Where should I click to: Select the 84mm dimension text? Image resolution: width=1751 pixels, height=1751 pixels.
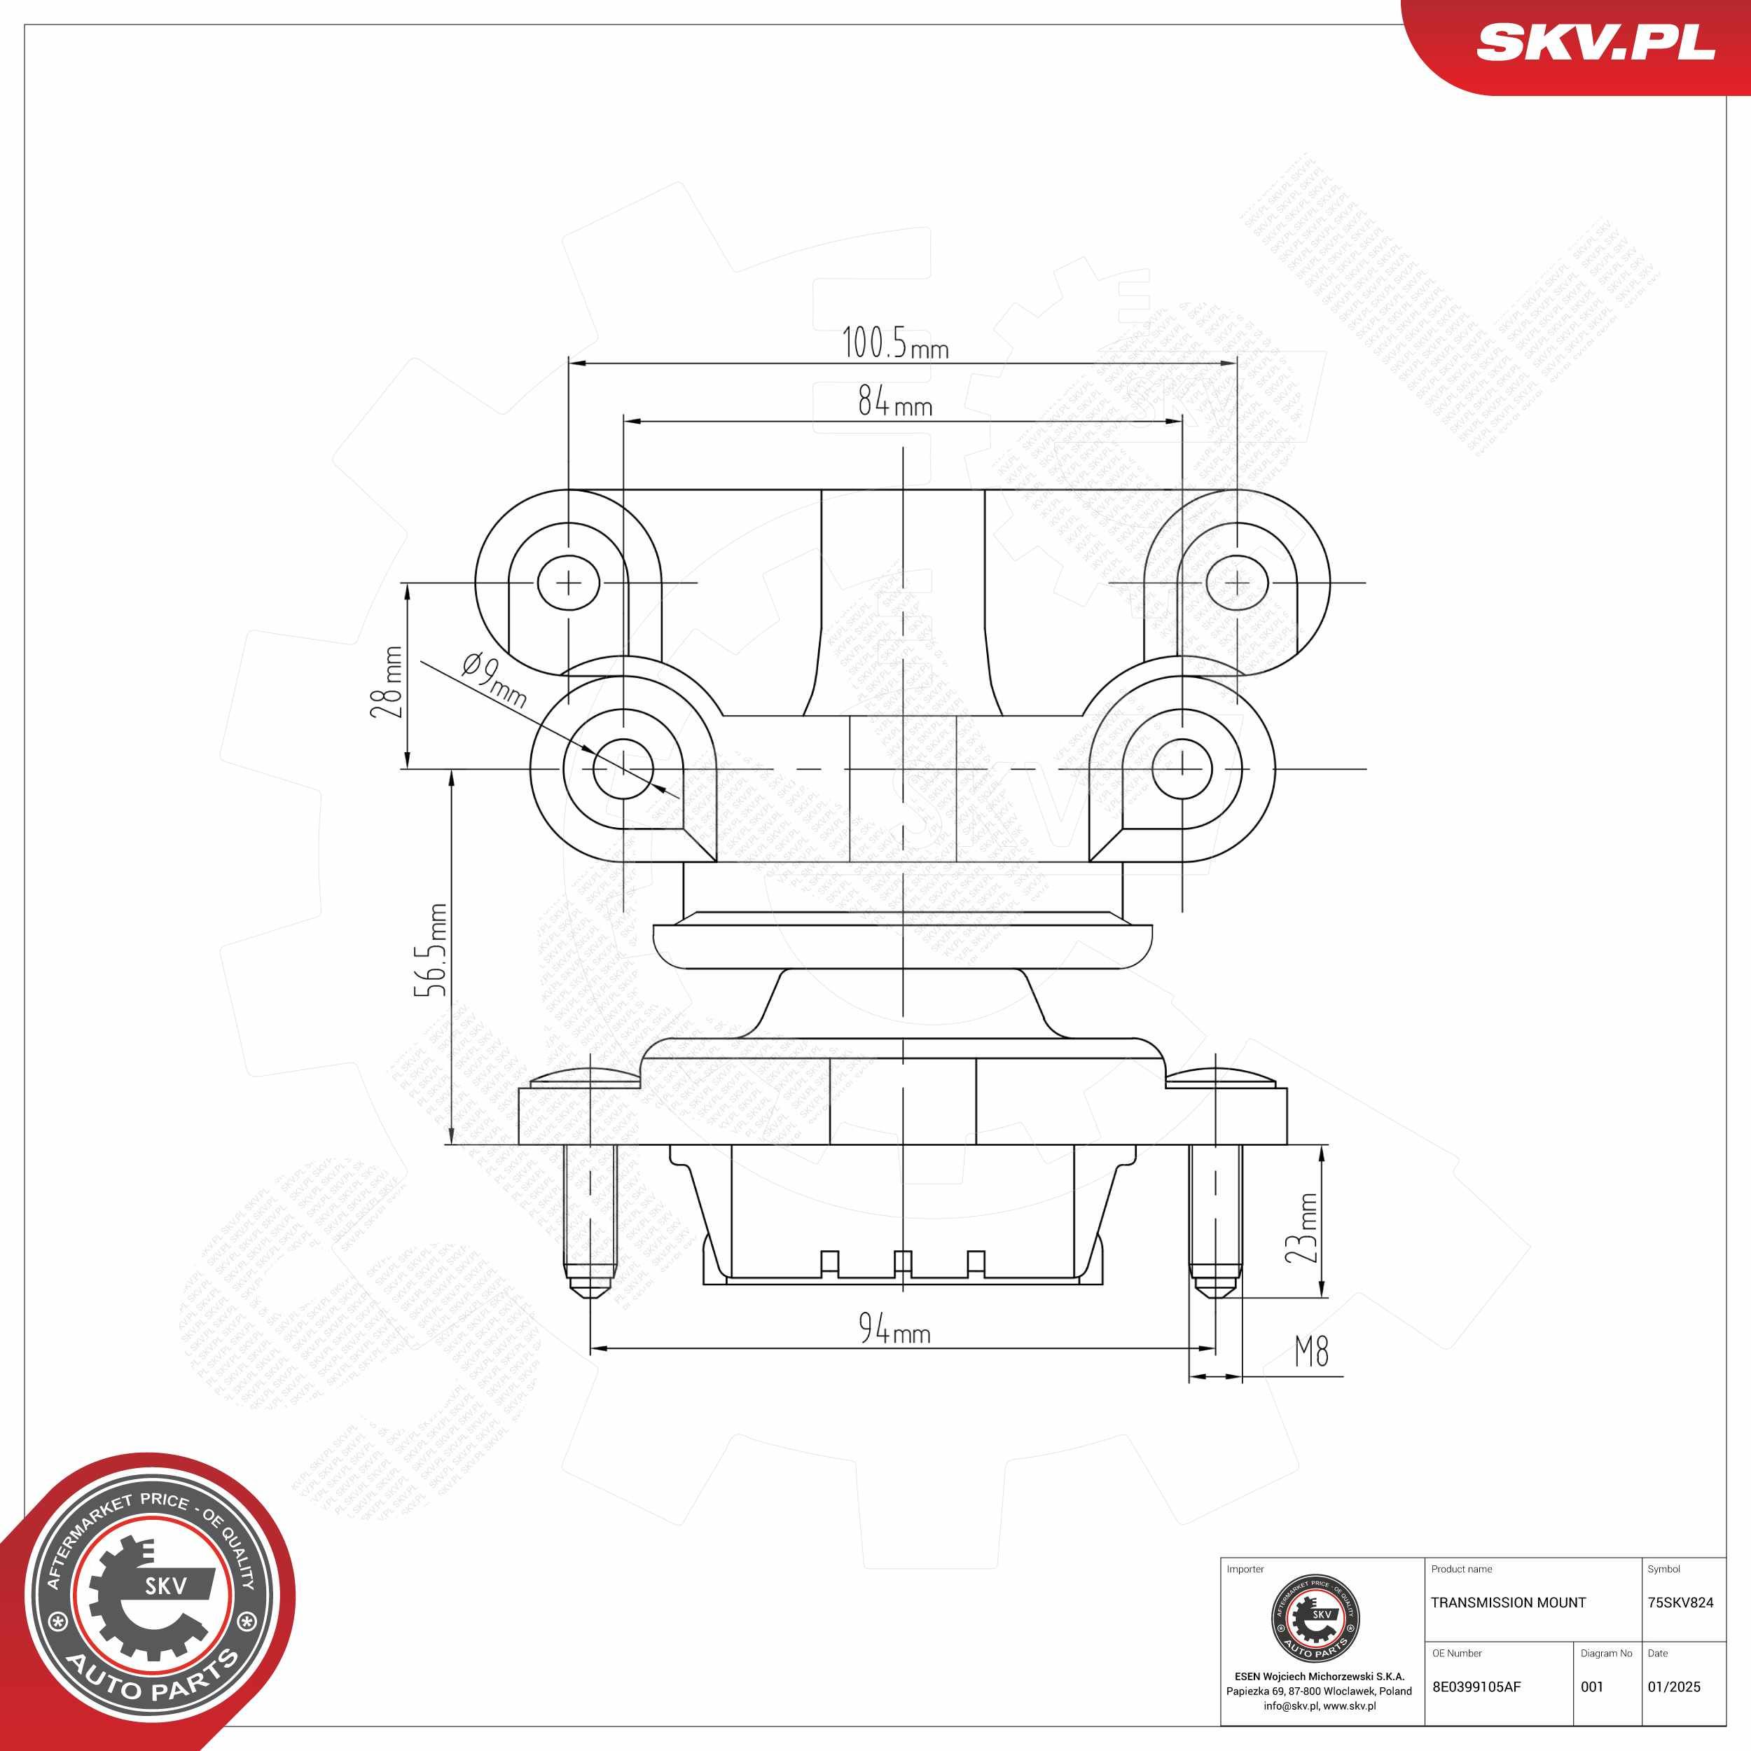click(x=894, y=401)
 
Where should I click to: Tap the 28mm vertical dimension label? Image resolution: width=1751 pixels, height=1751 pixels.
click(x=388, y=681)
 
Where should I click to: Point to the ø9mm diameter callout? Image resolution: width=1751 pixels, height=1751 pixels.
click(x=493, y=679)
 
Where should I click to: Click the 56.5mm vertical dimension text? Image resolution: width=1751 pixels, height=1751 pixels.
click(x=431, y=950)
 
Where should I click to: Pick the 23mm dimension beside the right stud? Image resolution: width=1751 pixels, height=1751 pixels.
click(x=1301, y=1228)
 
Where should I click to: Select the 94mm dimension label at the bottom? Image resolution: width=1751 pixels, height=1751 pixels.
click(x=894, y=1329)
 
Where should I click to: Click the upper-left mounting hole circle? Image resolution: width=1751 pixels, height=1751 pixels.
click(x=568, y=583)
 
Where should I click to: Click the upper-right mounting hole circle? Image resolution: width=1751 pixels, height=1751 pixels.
click(x=1236, y=583)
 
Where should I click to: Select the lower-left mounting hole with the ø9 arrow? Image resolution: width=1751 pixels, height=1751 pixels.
click(x=623, y=768)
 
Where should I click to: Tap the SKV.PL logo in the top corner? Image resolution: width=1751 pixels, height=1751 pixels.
click(x=1595, y=43)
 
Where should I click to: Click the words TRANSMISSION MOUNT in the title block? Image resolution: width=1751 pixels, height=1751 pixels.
click(x=1508, y=1603)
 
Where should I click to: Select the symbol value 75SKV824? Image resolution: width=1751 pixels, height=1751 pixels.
click(x=1680, y=1603)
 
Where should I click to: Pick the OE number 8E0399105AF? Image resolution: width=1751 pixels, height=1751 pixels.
click(x=1476, y=1687)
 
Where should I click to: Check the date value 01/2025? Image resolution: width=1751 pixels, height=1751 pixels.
click(x=1674, y=1687)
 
